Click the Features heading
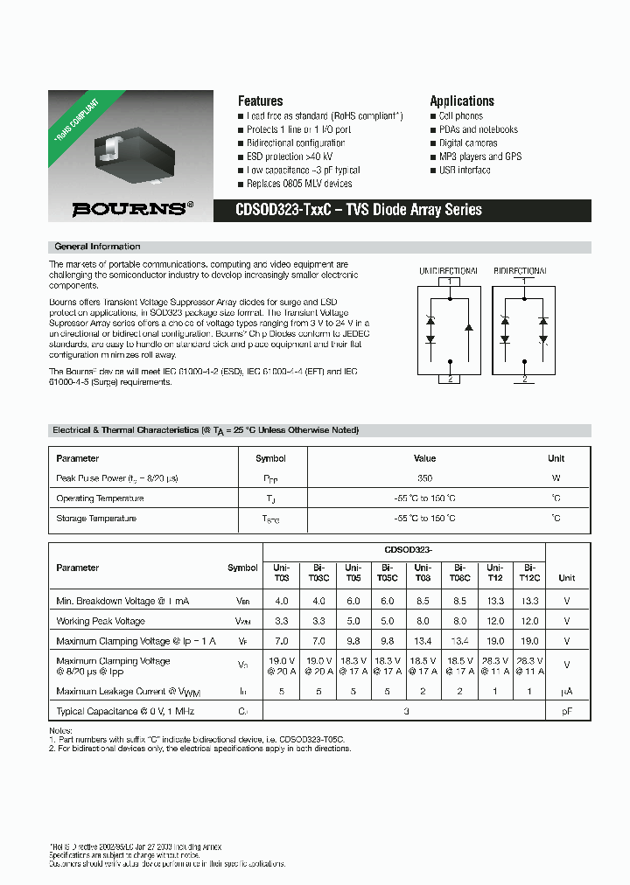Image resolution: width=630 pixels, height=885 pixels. click(x=260, y=101)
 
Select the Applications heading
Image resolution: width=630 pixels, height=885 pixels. click(x=461, y=101)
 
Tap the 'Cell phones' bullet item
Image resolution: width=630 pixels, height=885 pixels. click(x=460, y=116)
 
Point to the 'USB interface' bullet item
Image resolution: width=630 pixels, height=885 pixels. click(x=465, y=171)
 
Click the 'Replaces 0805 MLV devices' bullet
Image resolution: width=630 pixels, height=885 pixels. click(x=299, y=185)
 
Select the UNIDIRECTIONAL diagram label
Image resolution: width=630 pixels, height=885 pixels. click(x=448, y=272)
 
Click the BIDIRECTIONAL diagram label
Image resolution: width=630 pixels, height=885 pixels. click(x=521, y=272)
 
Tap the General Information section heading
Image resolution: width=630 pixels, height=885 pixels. click(x=97, y=247)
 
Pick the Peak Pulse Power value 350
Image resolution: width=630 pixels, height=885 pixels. click(x=423, y=478)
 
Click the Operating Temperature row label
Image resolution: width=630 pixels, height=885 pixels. click(x=100, y=498)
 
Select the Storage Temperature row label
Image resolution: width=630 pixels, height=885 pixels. click(x=96, y=519)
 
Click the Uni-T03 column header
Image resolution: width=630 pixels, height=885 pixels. click(x=281, y=573)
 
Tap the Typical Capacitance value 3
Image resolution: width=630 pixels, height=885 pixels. click(x=406, y=713)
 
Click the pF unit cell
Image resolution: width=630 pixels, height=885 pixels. click(x=566, y=713)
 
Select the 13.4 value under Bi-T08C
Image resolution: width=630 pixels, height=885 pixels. click(x=459, y=641)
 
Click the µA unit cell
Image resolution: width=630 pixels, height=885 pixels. click(x=566, y=692)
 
